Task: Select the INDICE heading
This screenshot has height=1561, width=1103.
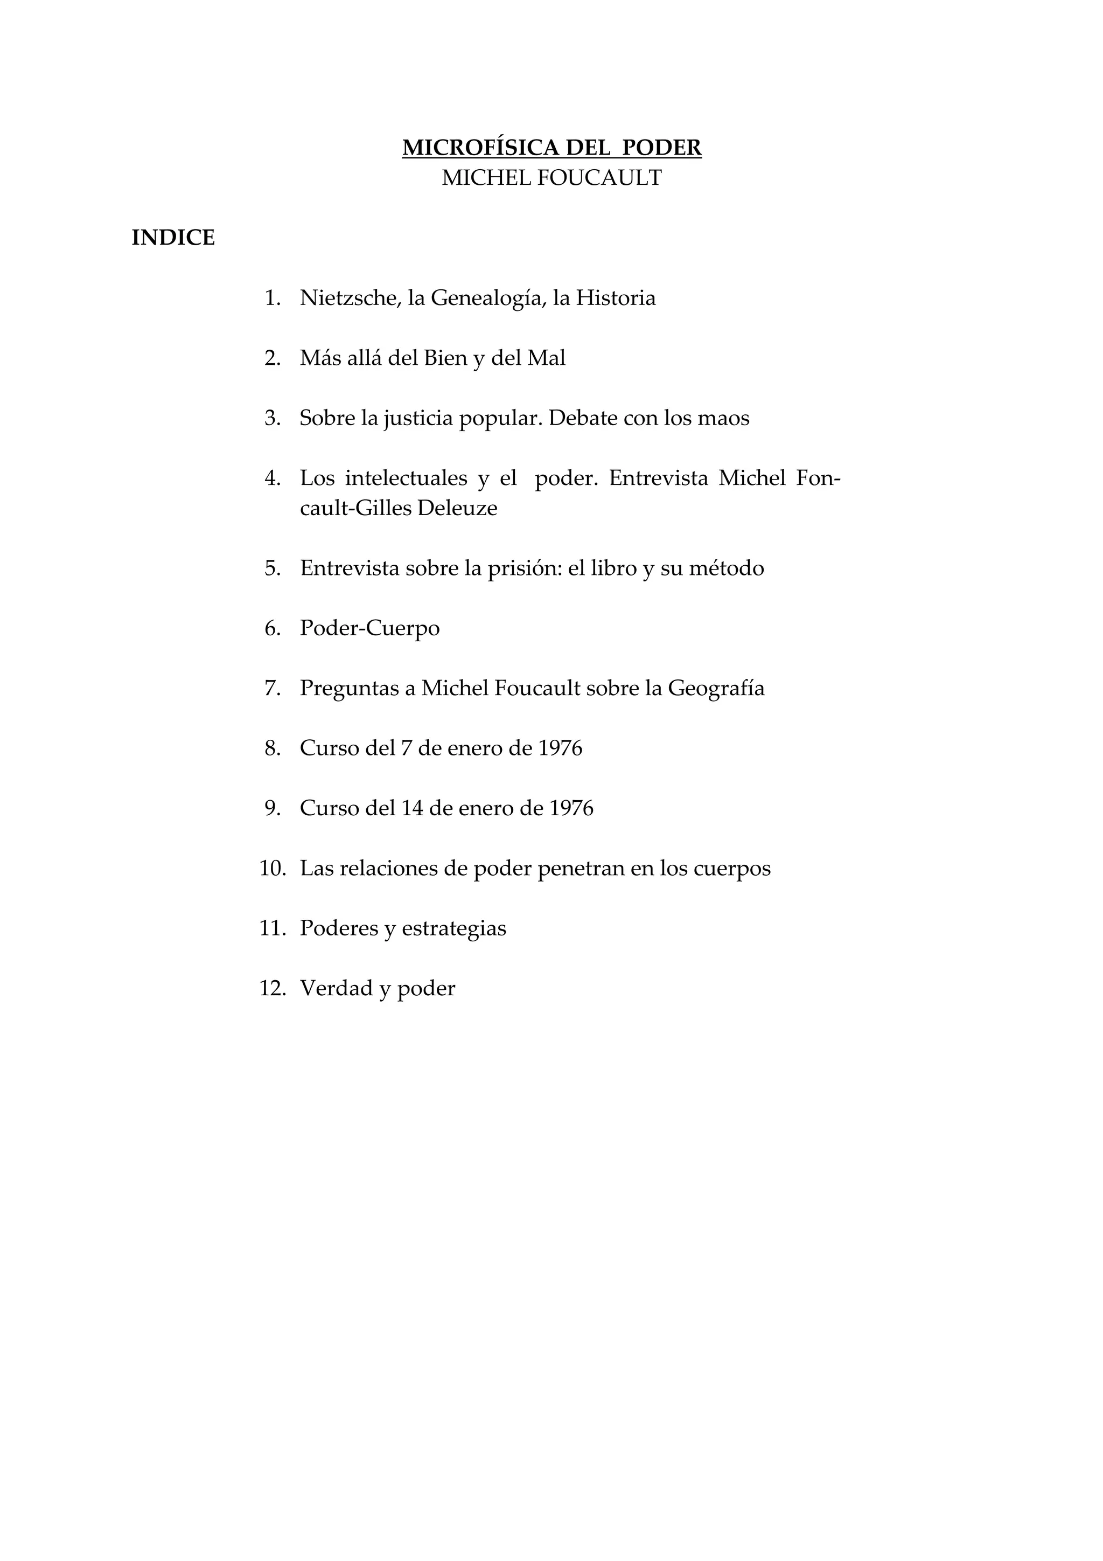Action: pos(173,238)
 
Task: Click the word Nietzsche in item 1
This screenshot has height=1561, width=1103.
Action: pos(350,298)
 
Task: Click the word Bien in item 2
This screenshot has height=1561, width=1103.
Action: pos(445,358)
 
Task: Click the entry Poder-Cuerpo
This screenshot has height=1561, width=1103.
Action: pos(369,628)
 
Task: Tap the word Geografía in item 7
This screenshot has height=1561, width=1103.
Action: pos(716,688)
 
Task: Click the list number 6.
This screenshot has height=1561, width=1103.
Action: pos(273,628)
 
